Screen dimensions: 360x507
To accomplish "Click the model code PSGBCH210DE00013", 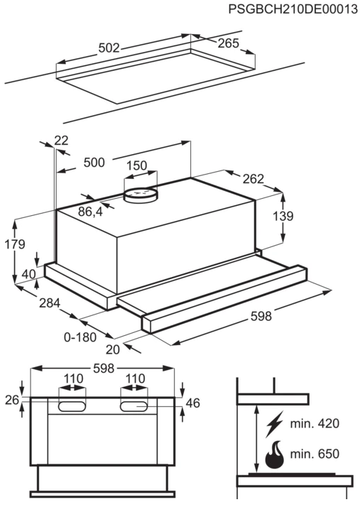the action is tap(293, 9).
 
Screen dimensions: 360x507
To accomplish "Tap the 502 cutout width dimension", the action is tap(109, 48).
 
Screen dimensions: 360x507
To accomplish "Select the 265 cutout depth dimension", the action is tap(228, 43).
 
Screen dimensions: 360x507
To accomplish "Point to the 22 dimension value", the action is tap(62, 141).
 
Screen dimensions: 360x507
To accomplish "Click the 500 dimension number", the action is tap(94, 163).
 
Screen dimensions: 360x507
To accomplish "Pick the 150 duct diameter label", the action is tap(136, 165).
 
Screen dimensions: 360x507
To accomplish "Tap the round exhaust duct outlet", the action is tap(141, 196).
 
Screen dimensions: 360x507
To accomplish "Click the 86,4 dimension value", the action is tap(90, 212).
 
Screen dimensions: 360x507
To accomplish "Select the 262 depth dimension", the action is tap(253, 179).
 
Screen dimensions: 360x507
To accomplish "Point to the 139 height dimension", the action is tap(283, 216).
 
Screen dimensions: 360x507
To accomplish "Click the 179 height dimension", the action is tap(14, 244).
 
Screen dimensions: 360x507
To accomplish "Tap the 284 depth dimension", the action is tap(50, 303).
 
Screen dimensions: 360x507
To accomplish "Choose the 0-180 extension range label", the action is tap(80, 337).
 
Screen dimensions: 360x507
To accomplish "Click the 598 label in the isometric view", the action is tap(261, 316).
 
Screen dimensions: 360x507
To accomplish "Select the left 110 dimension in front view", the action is tap(73, 378).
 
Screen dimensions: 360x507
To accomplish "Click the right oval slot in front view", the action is tap(134, 406).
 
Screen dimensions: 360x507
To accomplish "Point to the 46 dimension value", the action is tap(192, 403).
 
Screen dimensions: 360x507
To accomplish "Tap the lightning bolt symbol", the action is tap(274, 424).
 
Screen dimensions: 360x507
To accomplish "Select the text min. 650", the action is tap(315, 454).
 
